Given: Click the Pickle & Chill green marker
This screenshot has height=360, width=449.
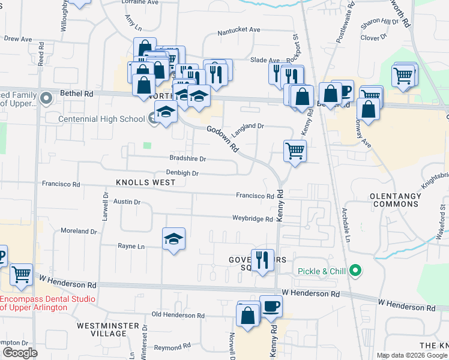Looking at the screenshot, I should [x=355, y=271].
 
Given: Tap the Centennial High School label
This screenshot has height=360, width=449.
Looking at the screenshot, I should [x=101, y=119].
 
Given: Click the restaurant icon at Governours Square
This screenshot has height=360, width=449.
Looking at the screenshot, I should [x=262, y=260].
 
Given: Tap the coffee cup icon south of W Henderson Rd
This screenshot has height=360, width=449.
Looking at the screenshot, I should [x=271, y=306].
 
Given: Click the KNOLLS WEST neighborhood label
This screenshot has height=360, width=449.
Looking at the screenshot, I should [x=142, y=182].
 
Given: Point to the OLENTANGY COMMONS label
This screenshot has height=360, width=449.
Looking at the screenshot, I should [x=396, y=200].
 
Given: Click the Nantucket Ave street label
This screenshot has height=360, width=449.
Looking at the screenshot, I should [x=238, y=29].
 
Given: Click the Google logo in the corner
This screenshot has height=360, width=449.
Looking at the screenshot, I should [x=20, y=353].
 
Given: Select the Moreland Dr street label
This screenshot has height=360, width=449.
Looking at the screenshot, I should [x=79, y=231].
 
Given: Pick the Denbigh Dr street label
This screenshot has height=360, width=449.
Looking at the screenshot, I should [x=182, y=173].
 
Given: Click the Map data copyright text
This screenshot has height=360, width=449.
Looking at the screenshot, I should [x=412, y=355].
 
